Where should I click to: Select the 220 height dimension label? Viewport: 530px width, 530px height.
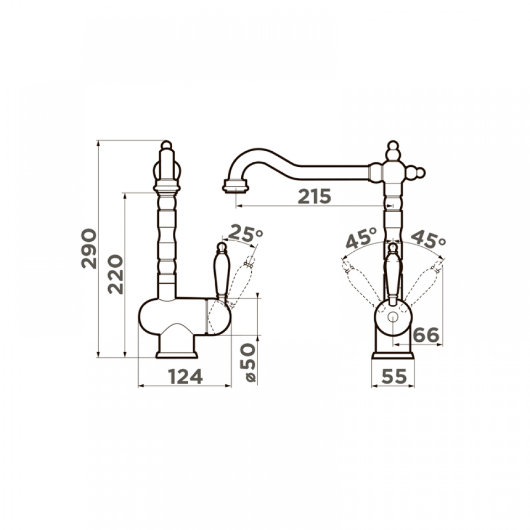(115, 274)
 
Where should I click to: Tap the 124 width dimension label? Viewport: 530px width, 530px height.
(185, 377)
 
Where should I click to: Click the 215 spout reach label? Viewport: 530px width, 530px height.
(314, 197)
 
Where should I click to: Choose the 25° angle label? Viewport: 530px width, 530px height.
(246, 234)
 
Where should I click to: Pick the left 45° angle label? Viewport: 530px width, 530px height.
(361, 237)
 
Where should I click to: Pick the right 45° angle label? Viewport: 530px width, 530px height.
(428, 239)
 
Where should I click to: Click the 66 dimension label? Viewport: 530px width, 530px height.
(426, 335)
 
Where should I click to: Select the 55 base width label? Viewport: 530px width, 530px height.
(394, 376)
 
